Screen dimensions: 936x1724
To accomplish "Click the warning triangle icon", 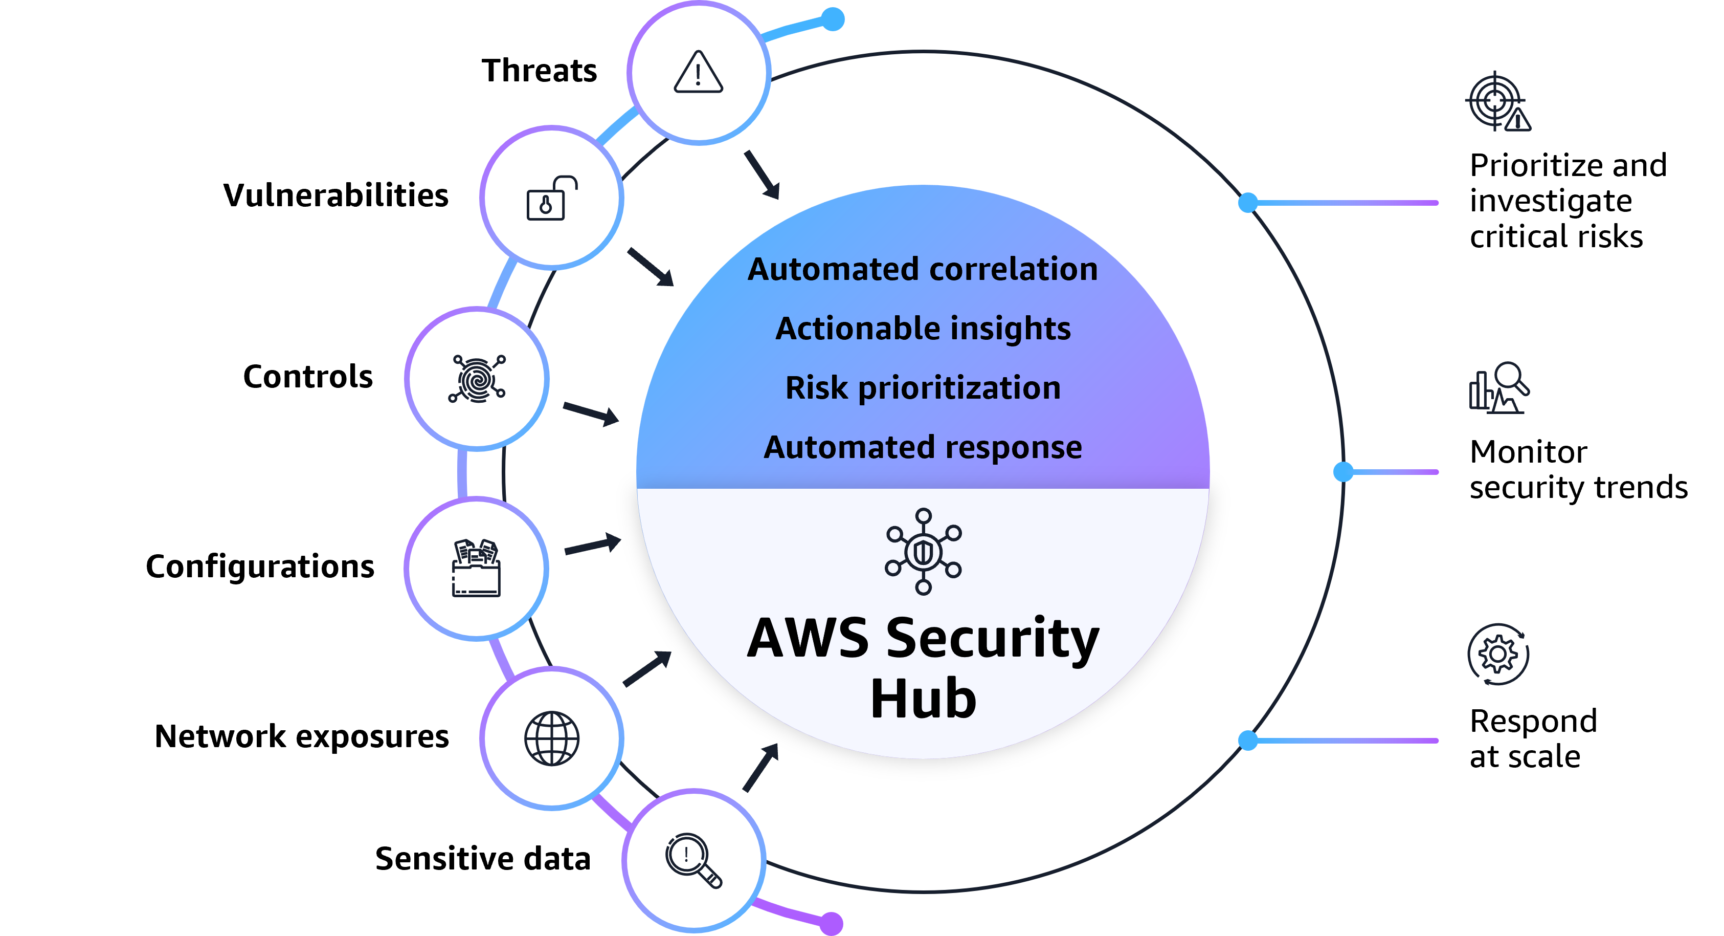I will tap(698, 72).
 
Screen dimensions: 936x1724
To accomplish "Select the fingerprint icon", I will tap(477, 379).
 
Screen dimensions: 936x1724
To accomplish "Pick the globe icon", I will tap(551, 738).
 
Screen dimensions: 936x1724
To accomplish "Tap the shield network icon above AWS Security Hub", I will tap(923, 551).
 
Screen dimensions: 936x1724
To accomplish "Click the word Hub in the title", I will tap(923, 699).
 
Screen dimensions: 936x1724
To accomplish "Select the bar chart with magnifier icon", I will tap(1498, 388).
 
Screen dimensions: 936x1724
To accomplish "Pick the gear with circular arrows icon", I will tap(1498, 654).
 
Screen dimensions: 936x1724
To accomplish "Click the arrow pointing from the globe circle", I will tap(647, 668).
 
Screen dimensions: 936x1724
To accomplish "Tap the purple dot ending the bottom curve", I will tap(831, 923).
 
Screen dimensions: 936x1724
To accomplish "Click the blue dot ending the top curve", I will tap(833, 19).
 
